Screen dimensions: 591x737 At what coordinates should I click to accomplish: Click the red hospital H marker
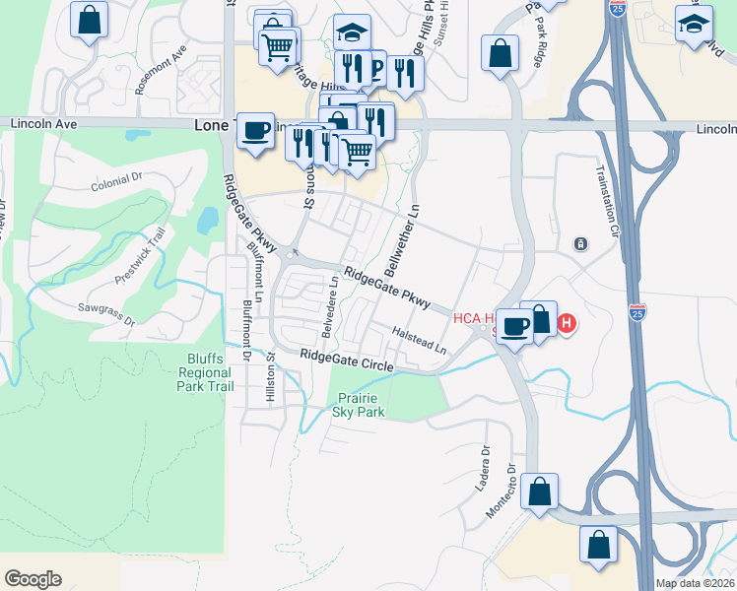[x=567, y=322]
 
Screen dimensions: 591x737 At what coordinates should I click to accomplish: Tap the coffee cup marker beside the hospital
[x=513, y=326]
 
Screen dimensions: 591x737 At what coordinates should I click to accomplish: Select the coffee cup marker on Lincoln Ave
[x=256, y=130]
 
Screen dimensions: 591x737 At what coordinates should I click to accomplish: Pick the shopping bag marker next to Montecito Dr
[x=540, y=492]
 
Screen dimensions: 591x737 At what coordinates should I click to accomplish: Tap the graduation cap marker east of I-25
[x=695, y=23]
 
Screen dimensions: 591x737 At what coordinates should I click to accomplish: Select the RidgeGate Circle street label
[x=347, y=361]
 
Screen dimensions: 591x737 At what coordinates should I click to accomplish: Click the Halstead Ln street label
[x=419, y=342]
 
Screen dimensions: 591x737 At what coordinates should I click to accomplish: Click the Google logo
[x=33, y=579]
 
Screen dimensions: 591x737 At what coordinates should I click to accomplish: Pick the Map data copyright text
[x=695, y=583]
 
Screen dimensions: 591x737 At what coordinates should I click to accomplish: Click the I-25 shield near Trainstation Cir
[x=636, y=313]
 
